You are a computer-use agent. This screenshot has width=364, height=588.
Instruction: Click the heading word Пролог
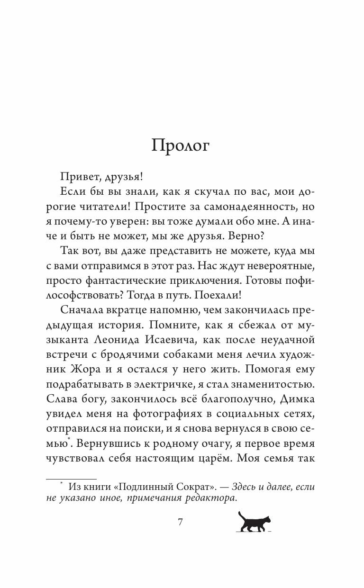[180, 146]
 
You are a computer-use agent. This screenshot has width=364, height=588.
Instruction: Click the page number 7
[180, 523]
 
